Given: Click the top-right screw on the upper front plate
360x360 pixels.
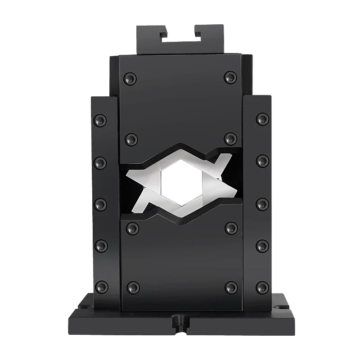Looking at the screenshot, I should click(x=230, y=77).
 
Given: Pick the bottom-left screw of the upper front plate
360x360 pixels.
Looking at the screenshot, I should click(x=131, y=139).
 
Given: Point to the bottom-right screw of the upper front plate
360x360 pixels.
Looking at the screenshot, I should click(x=230, y=139).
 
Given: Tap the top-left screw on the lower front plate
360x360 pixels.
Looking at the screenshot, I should click(x=132, y=228).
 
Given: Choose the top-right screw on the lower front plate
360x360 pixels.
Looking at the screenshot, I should click(x=231, y=228).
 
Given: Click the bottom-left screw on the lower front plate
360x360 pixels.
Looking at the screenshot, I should click(x=133, y=287).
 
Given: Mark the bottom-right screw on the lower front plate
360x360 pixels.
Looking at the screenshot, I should click(x=231, y=287).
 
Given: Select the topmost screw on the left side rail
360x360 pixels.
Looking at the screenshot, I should click(x=100, y=120).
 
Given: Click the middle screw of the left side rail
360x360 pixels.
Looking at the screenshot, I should click(x=100, y=204).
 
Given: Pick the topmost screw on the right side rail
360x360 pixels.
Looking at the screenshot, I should click(x=262, y=119).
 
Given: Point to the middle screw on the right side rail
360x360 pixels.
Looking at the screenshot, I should click(x=262, y=204).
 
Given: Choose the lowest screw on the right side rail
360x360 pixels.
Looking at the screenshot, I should click(x=262, y=287).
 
